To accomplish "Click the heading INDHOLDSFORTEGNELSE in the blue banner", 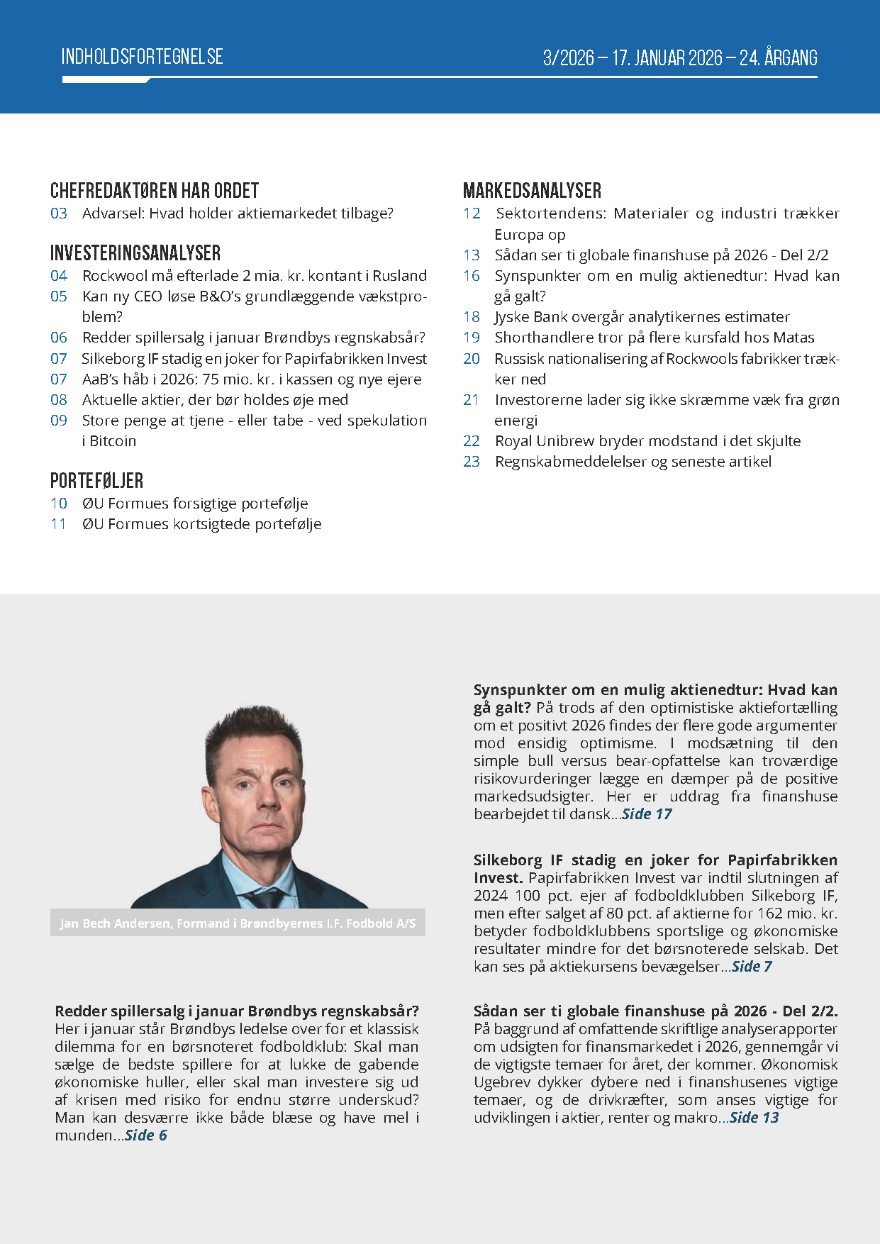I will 142,57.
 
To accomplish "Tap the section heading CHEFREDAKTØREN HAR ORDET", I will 154,191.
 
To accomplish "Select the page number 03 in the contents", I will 59,213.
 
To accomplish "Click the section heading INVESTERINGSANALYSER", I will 135,253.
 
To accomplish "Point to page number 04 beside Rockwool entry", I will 59,276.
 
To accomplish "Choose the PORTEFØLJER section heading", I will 96,481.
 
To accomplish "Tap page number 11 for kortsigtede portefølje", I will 59,524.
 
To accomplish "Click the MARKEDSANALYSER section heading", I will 532,191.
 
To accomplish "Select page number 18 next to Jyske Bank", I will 472,317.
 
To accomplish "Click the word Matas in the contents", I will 793,338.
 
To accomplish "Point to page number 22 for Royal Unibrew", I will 472,441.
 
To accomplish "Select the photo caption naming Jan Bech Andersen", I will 238,923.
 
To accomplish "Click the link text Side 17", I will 646,814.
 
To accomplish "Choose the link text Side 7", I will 752,967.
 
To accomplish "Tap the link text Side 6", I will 146,1135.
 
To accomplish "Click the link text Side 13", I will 754,1118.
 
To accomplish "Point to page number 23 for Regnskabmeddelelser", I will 472,462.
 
